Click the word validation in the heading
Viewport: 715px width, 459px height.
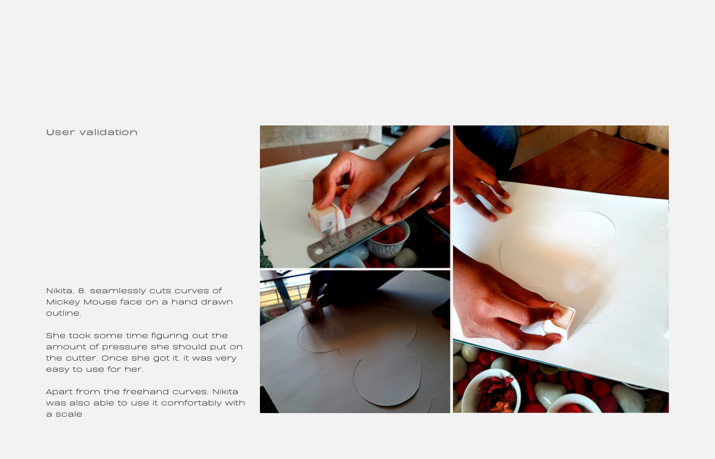tap(108, 132)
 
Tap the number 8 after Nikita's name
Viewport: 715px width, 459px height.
tap(82, 291)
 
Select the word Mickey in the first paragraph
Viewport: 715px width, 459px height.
tap(63, 302)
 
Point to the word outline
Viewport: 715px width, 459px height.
tap(63, 313)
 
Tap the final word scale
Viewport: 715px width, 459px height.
tap(69, 414)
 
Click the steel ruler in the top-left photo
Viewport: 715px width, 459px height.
tap(345, 239)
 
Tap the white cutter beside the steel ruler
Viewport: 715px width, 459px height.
tap(326, 218)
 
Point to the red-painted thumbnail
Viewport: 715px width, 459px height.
tap(348, 211)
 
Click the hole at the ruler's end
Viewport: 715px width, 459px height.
tap(319, 251)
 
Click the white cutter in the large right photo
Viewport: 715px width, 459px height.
tap(560, 321)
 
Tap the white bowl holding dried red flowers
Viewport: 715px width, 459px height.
tap(491, 392)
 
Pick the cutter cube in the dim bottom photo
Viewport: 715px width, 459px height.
tap(311, 309)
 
